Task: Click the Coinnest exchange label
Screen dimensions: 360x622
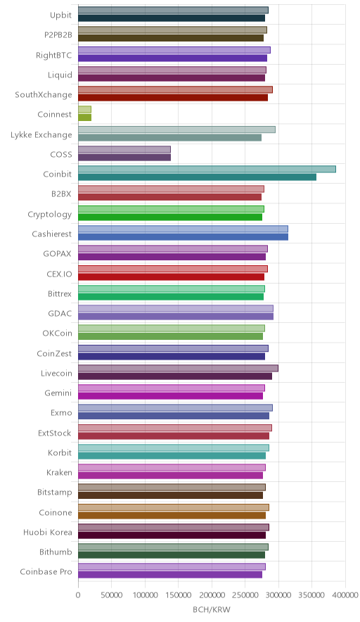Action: point(55,115)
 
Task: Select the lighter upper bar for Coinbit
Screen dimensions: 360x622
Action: point(207,170)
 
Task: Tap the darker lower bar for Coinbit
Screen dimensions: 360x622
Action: point(197,177)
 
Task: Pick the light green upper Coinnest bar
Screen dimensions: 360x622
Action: point(85,110)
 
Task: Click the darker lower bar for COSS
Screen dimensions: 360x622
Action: point(124,158)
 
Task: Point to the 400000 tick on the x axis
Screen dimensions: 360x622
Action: point(345,595)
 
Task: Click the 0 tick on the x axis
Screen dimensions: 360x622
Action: point(78,595)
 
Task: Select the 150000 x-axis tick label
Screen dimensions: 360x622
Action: point(178,595)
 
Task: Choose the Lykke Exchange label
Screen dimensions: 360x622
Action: point(41,135)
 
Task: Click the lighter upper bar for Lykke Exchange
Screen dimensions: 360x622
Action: point(176,129)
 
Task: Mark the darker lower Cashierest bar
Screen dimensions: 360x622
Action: point(184,237)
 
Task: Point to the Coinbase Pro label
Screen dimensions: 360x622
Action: point(46,571)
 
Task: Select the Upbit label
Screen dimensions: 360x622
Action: point(60,15)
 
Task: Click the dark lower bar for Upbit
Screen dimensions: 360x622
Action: point(172,18)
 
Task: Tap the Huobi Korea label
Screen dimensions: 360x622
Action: point(48,532)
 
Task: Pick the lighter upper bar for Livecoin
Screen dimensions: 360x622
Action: point(178,369)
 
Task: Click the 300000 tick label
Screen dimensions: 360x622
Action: point(278,595)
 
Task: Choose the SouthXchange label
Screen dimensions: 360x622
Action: point(44,95)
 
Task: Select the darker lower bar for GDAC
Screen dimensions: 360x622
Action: point(176,317)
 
